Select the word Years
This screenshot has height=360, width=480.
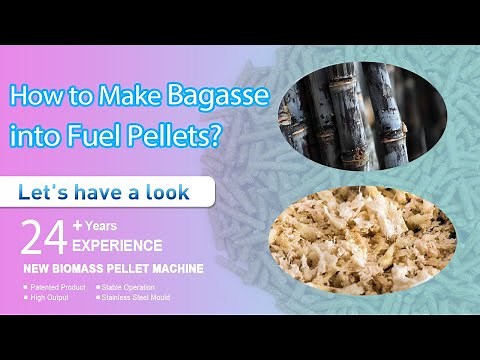click(103, 226)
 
